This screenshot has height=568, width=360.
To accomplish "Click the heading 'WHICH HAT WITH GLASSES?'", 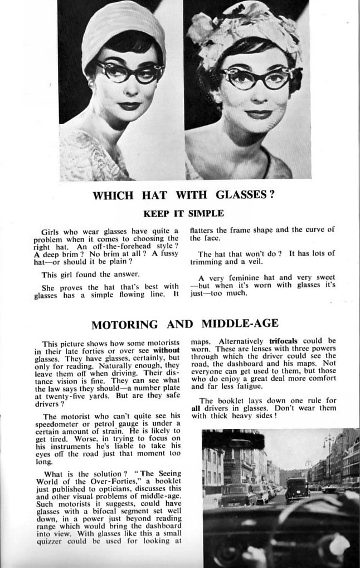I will (x=184, y=195).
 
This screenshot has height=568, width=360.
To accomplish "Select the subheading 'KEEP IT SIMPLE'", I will (x=184, y=213).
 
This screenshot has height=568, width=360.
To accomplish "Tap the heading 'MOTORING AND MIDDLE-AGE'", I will (x=184, y=324).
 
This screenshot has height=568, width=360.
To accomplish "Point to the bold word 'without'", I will (x=166, y=351).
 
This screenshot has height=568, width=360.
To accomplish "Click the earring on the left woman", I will (x=90, y=83).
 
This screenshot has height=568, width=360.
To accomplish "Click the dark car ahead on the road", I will (x=297, y=488).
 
